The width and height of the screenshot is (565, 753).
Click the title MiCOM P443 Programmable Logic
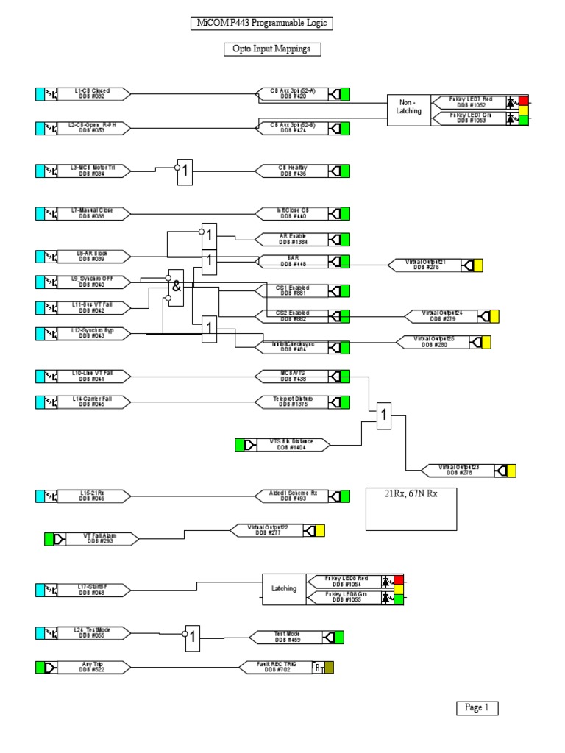click(261, 24)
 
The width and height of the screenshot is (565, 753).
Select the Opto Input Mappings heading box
click(272, 49)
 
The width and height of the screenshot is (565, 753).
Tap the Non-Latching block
click(410, 107)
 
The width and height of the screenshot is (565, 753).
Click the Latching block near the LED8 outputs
click(284, 588)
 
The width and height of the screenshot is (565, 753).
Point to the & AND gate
click(176, 288)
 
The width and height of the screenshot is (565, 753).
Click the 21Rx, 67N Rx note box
click(411, 507)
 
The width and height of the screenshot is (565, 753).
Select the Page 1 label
click(476, 707)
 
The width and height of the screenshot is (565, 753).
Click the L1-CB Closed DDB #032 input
click(93, 93)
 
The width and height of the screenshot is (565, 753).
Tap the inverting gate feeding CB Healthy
click(185, 171)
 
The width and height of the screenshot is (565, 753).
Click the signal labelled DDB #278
click(458, 470)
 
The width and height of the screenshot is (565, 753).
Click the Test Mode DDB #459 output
click(287, 637)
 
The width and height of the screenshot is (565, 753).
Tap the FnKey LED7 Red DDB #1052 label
click(471, 101)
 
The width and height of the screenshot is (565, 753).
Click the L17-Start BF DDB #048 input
click(93, 589)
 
